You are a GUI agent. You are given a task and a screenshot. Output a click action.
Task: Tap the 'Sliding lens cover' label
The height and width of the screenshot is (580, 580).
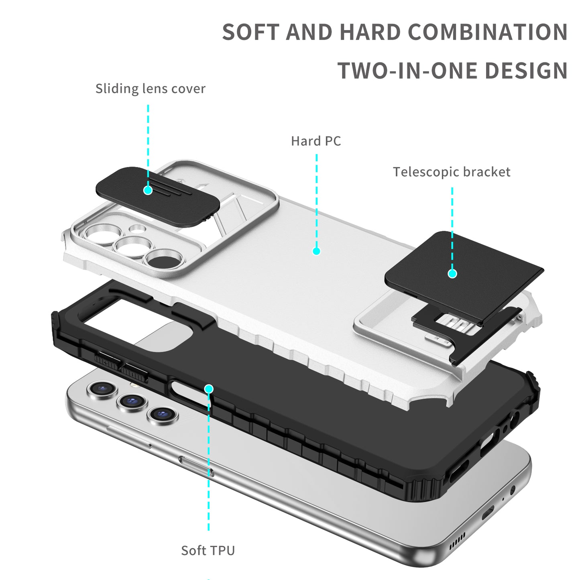(150, 89)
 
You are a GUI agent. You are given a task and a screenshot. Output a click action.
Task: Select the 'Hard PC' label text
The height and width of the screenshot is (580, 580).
(316, 141)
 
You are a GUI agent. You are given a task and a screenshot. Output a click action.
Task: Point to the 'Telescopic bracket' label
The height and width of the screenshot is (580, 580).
(452, 172)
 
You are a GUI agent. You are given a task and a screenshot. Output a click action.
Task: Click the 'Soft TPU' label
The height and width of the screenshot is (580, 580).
(208, 550)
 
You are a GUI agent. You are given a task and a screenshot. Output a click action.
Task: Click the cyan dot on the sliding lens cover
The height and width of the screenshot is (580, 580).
(148, 190)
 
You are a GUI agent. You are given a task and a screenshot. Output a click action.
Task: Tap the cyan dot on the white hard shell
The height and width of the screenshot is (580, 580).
(316, 251)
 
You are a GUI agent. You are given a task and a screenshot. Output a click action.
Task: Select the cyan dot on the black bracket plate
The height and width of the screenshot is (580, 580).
(452, 274)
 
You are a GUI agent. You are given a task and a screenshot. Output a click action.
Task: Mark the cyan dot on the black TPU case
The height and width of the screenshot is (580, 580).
(209, 389)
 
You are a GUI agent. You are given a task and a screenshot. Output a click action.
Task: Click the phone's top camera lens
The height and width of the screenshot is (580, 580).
(102, 389)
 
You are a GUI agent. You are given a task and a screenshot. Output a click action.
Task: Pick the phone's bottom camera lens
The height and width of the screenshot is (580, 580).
(162, 413)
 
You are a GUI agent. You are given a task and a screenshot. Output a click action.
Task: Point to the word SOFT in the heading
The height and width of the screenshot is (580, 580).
(251, 32)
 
